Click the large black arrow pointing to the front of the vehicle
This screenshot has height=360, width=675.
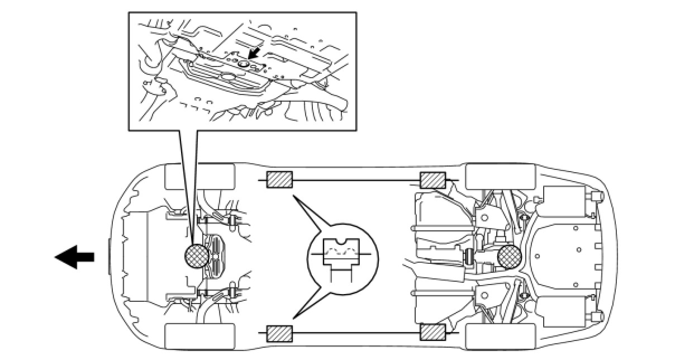[x=74, y=257]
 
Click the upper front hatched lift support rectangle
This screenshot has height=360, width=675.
[x=279, y=179]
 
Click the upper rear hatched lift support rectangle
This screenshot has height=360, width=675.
[x=432, y=180]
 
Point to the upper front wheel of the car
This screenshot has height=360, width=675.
[x=199, y=176]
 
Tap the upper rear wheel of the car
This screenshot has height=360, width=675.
[x=500, y=177]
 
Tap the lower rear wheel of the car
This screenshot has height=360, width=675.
[x=500, y=337]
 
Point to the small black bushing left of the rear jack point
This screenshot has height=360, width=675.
[x=469, y=258]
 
